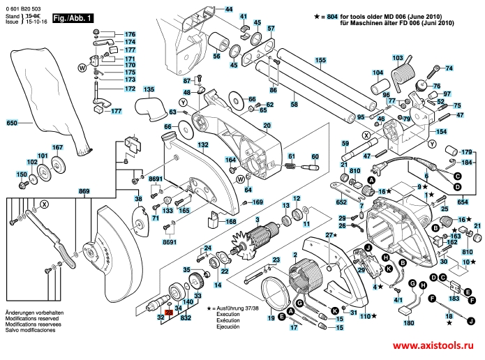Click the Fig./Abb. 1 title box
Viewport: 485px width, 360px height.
[x=72, y=16]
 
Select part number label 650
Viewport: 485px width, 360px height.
[x=10, y=123]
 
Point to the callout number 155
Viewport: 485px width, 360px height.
[x=320, y=60]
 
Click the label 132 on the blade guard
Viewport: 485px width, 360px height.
[x=202, y=145]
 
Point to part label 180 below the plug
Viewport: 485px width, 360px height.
[x=409, y=323]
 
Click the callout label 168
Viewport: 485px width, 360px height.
[x=231, y=222]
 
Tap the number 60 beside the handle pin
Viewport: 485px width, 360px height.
[x=315, y=156]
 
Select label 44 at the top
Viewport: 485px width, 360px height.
[x=230, y=8]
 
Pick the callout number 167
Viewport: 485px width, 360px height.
[x=57, y=147]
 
